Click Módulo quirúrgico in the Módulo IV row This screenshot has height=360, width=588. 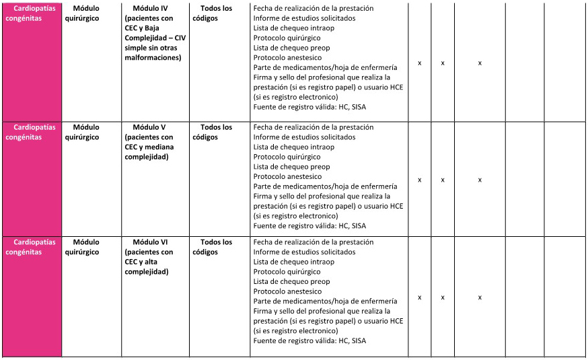point(86,13)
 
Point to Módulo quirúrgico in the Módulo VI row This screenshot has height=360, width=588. point(86,247)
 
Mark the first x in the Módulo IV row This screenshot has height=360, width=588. point(420,63)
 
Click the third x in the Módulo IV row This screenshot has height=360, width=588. point(480,63)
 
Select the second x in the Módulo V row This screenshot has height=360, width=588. point(443,180)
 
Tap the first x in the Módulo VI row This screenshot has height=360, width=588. point(420,297)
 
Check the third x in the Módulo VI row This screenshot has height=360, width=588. point(480,297)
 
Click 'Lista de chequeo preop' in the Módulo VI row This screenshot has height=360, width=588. point(291,282)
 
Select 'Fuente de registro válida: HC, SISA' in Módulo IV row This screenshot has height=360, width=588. point(309,107)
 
